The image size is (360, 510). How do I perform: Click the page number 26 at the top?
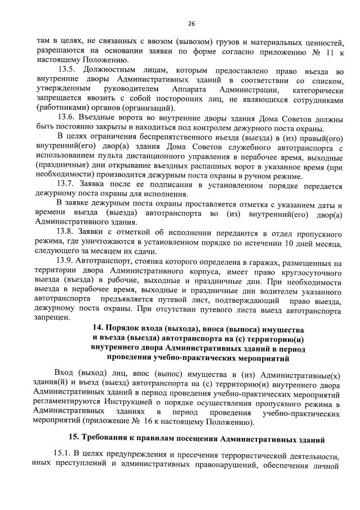point(191,24)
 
